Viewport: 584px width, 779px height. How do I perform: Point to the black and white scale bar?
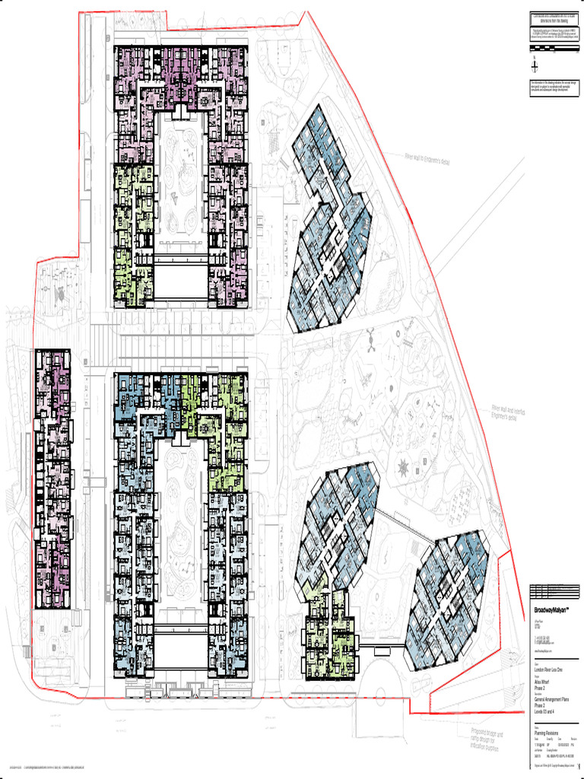[x=556, y=51]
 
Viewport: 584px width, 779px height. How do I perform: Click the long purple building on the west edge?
[x=52, y=479]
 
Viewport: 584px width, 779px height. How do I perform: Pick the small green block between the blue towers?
[x=330, y=635]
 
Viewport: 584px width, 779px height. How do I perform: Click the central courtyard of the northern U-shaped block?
[x=181, y=186]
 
